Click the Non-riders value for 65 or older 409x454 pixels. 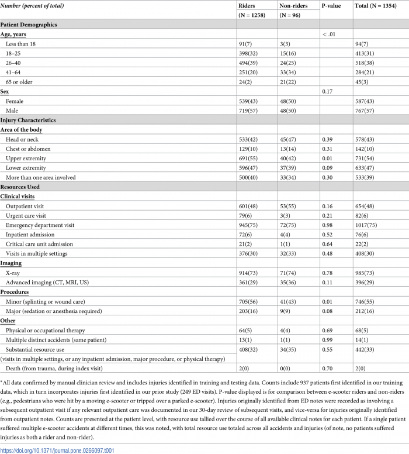(x=287, y=81)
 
